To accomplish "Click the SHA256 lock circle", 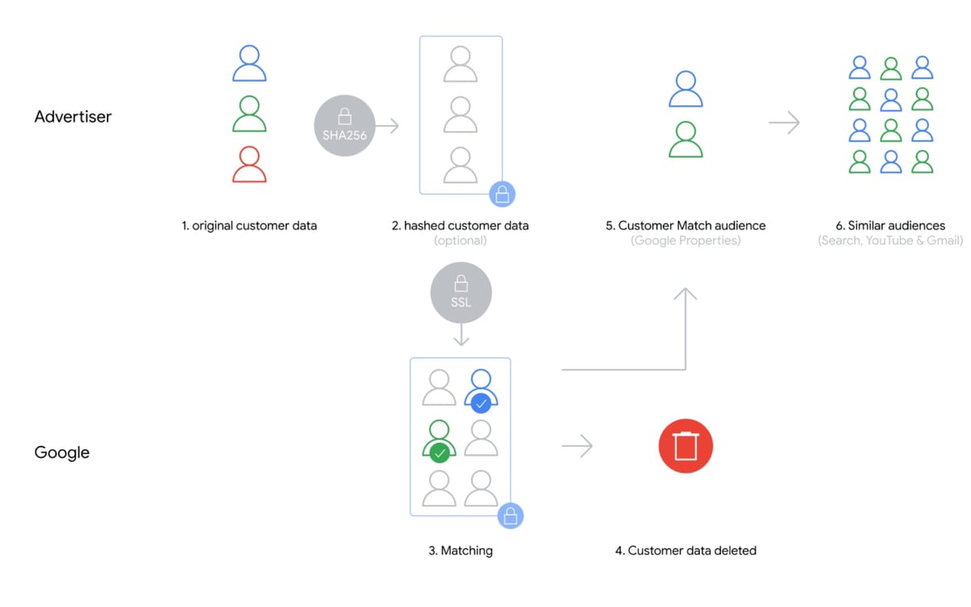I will point(345,125).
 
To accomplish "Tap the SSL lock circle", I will point(460,292).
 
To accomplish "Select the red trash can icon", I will point(685,446).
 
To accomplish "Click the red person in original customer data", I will point(249,164).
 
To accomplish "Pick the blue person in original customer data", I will point(249,63).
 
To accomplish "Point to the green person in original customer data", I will point(249,114).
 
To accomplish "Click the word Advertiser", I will point(73,117).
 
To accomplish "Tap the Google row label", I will point(61,452).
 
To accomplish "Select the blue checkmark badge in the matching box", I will point(481,403).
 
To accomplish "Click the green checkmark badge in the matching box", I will point(439,453).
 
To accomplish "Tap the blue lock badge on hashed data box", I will point(502,194).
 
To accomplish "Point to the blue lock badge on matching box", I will point(510,516).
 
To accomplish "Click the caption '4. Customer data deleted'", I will point(685,550).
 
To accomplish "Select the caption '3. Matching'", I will point(460,550).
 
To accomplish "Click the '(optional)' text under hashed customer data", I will point(460,240).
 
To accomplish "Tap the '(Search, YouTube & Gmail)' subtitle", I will point(890,240).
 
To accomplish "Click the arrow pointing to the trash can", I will point(577,446).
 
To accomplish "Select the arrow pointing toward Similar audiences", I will point(783,123).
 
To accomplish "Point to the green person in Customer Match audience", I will point(685,139).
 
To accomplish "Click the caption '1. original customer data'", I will point(249,226).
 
